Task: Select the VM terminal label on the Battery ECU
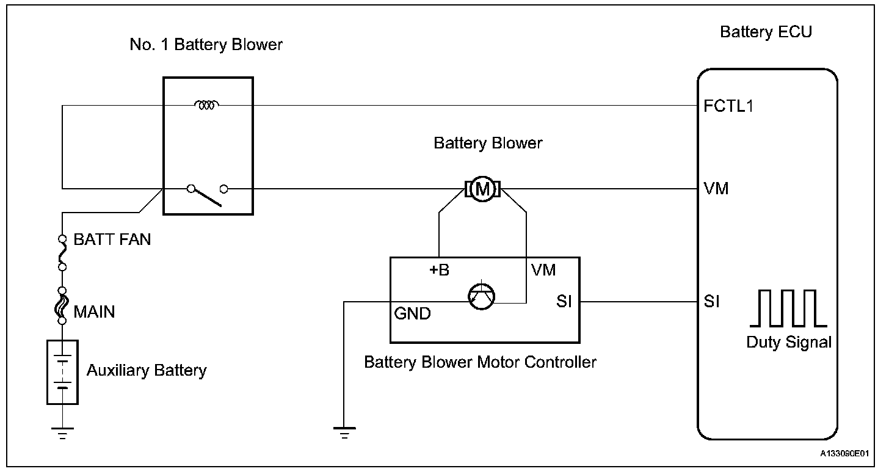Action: [x=716, y=189]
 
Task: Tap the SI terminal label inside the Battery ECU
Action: [x=711, y=302]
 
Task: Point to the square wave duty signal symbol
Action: [x=792, y=308]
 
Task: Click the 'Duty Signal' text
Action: [x=789, y=342]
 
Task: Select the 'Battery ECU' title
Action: [x=766, y=32]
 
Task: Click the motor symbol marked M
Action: [x=483, y=189]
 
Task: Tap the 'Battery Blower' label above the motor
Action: [x=488, y=143]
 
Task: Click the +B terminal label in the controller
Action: [x=439, y=270]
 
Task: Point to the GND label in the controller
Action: [x=413, y=314]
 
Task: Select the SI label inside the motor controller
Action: [x=564, y=302]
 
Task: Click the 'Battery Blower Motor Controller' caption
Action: [x=480, y=362]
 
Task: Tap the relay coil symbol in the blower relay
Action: [x=207, y=106]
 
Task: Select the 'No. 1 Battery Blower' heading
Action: [x=206, y=45]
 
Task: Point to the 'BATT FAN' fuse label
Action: [x=112, y=239]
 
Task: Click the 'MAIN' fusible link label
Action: [x=94, y=312]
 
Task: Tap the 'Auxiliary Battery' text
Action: [x=147, y=370]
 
